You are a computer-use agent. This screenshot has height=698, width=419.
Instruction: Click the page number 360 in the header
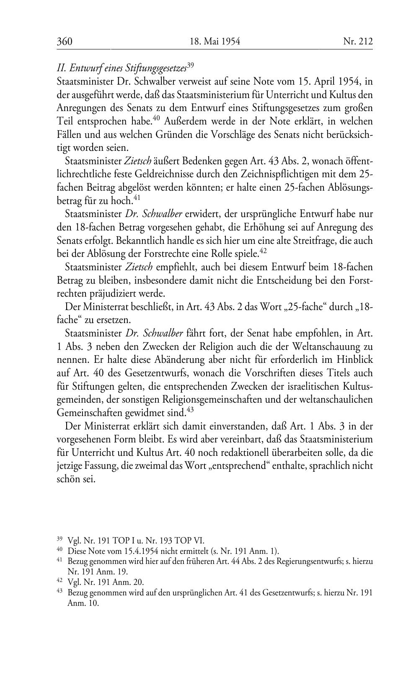tap(65, 41)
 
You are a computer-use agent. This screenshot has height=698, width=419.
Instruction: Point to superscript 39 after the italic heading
tap(190, 65)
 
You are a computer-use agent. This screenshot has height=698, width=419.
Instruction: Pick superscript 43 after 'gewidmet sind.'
tap(190, 410)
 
